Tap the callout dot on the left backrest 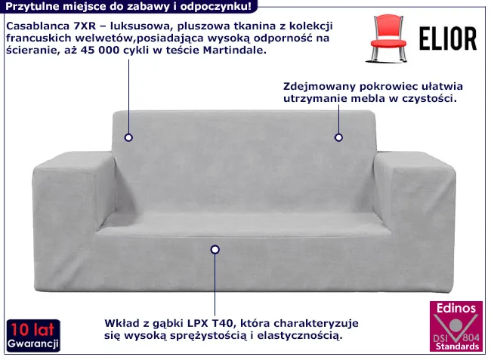click(129, 137)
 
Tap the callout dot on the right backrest click(338, 137)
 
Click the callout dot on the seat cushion click(215, 249)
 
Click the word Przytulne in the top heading click(32, 6)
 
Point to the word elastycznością click(302, 334)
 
